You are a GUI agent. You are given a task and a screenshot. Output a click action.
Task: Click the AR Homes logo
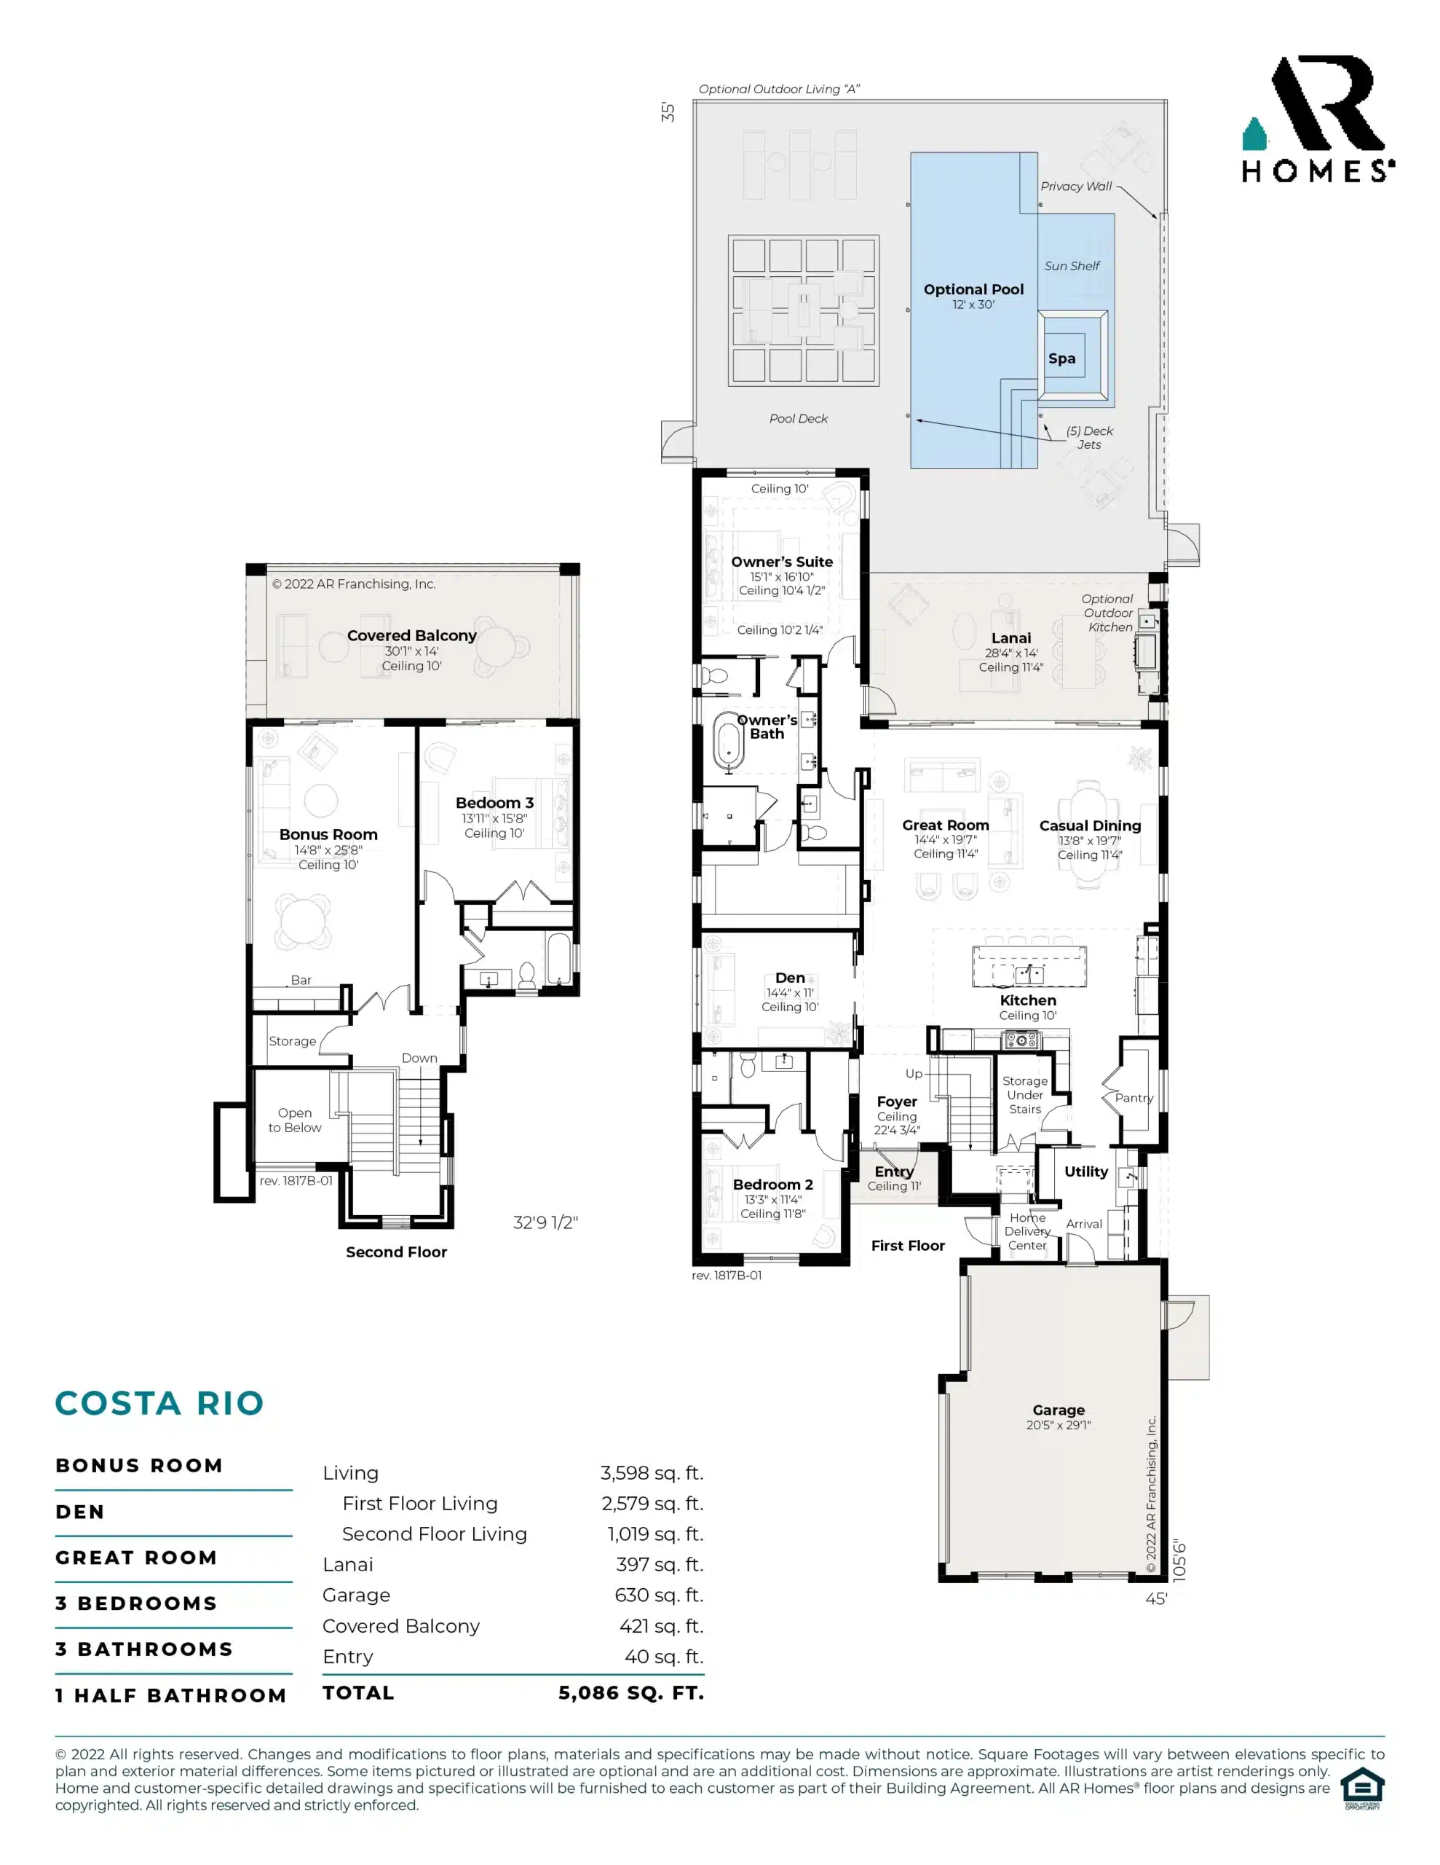pos(1318,119)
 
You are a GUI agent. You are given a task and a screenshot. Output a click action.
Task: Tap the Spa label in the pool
pos(1062,358)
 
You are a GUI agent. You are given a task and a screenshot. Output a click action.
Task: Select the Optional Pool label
pos(974,289)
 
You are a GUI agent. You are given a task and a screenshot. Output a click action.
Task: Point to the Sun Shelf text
pos(1072,266)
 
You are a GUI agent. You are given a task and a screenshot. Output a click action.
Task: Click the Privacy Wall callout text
pos(1075,186)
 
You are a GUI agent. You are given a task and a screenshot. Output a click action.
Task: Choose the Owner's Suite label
pos(782,562)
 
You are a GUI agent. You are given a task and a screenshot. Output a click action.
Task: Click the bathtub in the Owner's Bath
pos(728,742)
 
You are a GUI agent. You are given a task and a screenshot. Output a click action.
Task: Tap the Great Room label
pos(946,825)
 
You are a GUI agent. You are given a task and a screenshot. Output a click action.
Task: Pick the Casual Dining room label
pos(1090,825)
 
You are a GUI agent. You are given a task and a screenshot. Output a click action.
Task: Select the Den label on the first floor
pos(791,978)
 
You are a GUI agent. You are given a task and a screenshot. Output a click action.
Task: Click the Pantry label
pos(1134,1098)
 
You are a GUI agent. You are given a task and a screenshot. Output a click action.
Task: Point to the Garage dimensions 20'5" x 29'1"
pos(1059,1424)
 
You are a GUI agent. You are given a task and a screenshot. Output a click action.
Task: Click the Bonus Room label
pos(328,834)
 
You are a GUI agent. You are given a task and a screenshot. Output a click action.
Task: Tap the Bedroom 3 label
pos(494,803)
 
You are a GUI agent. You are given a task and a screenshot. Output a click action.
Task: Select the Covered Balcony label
pos(411,635)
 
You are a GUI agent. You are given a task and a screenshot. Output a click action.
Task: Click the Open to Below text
pos(295,1120)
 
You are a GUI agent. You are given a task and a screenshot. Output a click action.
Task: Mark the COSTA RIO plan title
pos(159,1403)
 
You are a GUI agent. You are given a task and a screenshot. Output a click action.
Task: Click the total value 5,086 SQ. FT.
pos(632,1692)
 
